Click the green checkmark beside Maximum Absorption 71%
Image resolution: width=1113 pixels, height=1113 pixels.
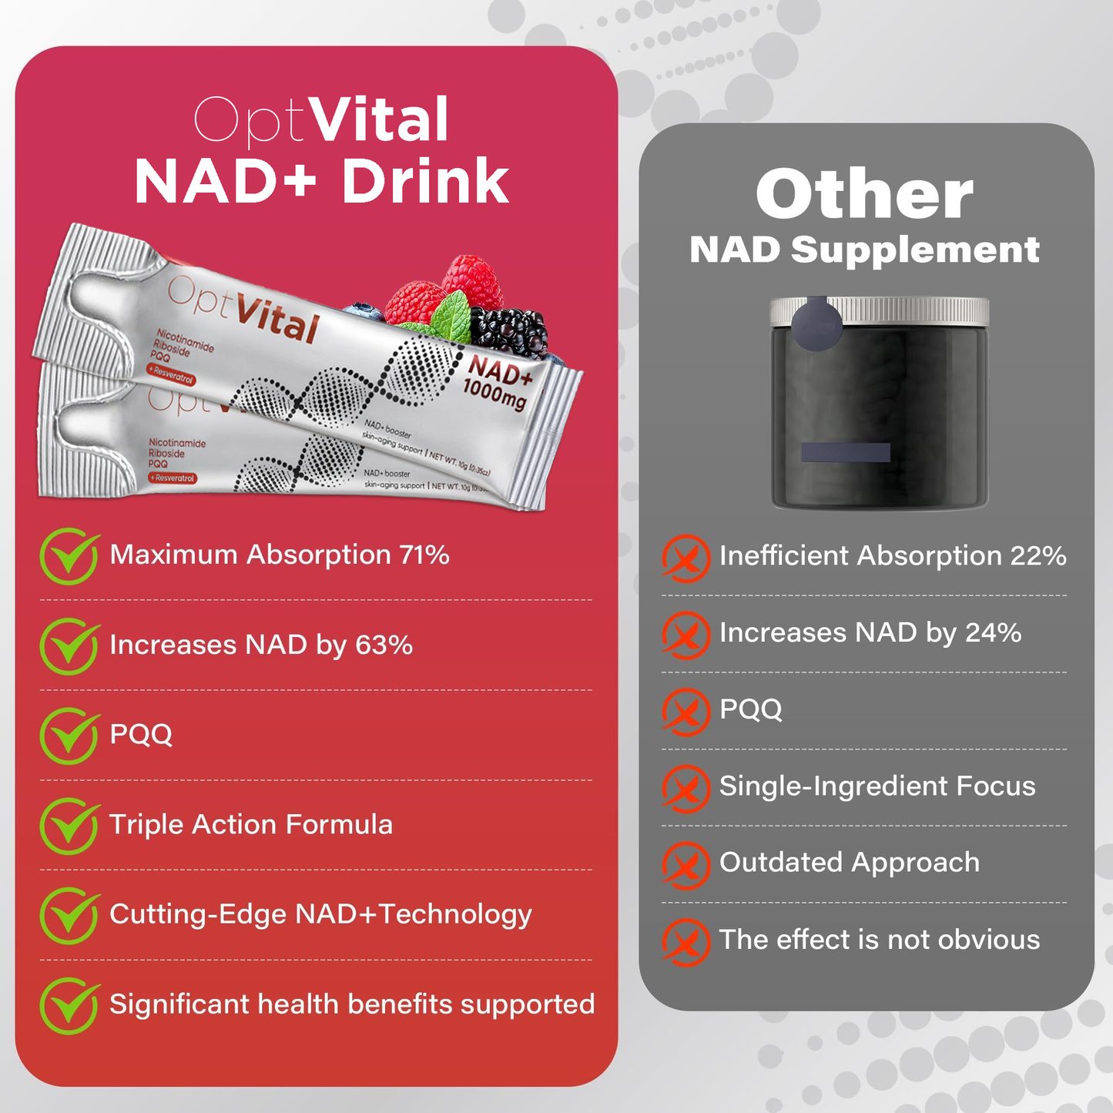(x=69, y=556)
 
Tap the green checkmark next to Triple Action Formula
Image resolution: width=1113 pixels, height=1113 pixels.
(x=69, y=826)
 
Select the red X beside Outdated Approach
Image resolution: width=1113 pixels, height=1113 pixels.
(x=686, y=864)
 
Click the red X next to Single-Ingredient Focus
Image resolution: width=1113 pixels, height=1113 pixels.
(x=686, y=788)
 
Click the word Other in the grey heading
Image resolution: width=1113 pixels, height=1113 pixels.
(x=864, y=195)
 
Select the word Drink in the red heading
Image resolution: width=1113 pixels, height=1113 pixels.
(x=425, y=183)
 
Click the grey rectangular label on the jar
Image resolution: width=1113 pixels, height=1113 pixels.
(x=845, y=452)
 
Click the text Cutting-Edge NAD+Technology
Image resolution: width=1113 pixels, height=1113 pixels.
(x=320, y=915)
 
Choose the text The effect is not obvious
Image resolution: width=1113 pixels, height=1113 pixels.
(x=879, y=940)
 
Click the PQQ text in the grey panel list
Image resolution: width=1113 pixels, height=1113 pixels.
(x=750, y=709)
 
